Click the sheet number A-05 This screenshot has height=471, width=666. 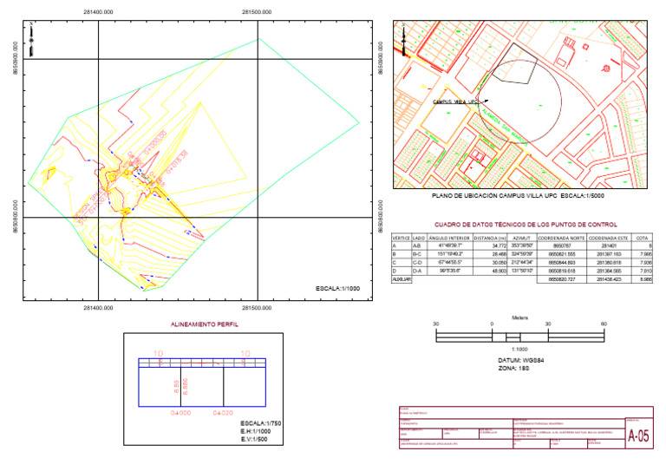[x=637, y=437]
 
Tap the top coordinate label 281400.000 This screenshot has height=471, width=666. [x=98, y=11]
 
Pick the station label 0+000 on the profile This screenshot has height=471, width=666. [x=180, y=413]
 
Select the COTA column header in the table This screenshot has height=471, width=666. [x=642, y=237]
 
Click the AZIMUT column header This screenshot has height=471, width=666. [x=521, y=237]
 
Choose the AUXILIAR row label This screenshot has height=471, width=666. [x=401, y=280]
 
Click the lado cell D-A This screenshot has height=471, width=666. [x=419, y=271]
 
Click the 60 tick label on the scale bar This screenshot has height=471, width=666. [x=603, y=323]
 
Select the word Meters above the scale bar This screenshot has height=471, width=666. [x=520, y=317]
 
